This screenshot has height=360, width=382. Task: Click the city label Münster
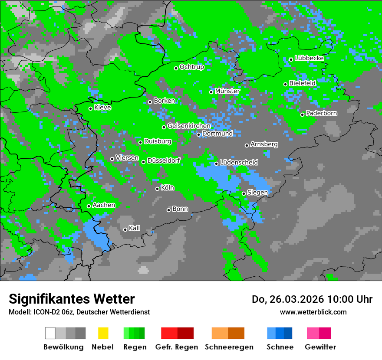click(x=227, y=91)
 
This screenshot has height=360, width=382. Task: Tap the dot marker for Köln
click(x=158, y=189)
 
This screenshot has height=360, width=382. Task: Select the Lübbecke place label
click(x=309, y=58)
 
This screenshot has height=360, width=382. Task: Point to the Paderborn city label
click(x=321, y=113)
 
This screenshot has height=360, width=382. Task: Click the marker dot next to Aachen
click(x=89, y=206)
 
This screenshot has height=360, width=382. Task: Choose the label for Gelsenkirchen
click(x=189, y=126)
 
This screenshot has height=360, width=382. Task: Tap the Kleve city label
click(x=102, y=107)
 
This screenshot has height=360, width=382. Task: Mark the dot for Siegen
click(x=244, y=193)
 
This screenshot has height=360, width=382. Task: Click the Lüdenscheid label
click(x=239, y=162)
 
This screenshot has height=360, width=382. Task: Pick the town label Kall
click(x=134, y=228)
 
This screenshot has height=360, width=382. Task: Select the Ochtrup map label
click(x=192, y=67)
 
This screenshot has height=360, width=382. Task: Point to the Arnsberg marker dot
click(x=247, y=145)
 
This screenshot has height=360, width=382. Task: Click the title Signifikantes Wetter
click(x=72, y=299)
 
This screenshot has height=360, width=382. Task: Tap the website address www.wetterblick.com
click(x=313, y=312)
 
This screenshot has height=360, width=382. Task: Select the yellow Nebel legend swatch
click(x=103, y=333)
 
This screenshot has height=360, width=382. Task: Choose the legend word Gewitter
click(x=320, y=347)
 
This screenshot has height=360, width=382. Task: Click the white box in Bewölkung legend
click(x=50, y=333)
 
